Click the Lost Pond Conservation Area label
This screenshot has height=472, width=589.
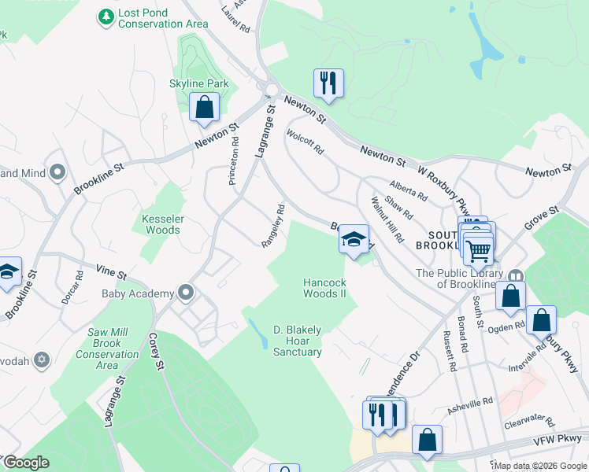(163, 19)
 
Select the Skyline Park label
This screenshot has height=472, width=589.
(198, 83)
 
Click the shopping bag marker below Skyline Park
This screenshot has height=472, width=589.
(204, 106)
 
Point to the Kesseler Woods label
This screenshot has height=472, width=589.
(161, 224)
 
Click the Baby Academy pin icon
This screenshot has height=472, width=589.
(186, 293)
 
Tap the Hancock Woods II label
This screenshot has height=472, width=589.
(324, 288)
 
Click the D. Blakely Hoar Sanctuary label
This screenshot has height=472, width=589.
(297, 341)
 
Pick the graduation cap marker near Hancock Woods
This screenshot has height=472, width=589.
(354, 238)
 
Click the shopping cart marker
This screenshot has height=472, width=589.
(479, 251)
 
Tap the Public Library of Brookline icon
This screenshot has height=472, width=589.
(516, 276)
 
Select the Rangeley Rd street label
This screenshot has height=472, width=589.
(273, 227)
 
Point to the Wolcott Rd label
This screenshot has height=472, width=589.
(306, 141)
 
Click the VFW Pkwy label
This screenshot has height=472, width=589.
(561, 438)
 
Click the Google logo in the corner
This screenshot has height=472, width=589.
(26, 463)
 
